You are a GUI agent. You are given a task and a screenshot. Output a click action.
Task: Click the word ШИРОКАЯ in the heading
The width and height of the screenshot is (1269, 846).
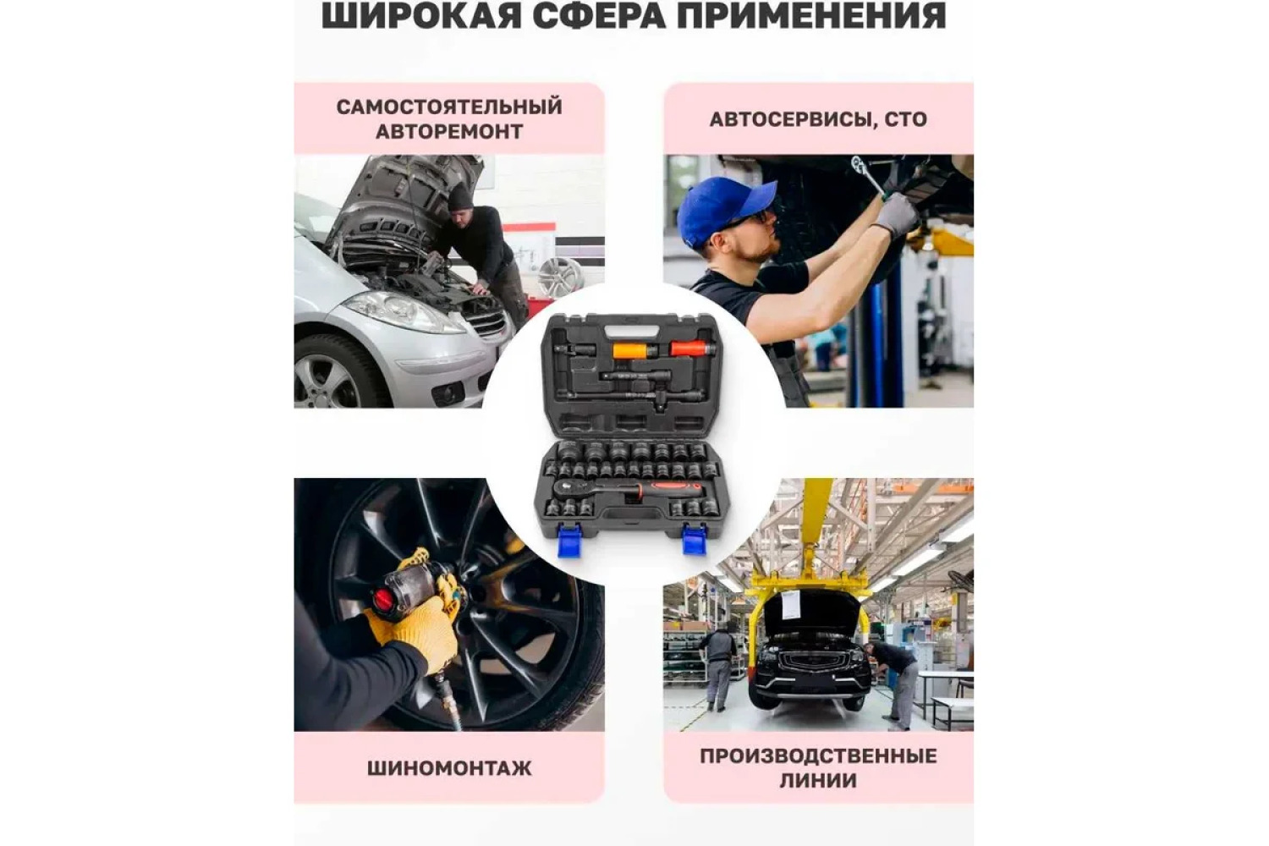click(x=421, y=15)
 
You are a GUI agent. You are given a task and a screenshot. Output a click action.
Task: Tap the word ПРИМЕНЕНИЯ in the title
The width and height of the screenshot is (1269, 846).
click(x=811, y=15)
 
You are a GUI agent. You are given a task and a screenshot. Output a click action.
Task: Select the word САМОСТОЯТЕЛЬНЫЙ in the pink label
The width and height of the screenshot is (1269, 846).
click(x=449, y=107)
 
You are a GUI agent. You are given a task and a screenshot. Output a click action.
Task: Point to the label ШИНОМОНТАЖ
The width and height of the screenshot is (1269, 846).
click(x=449, y=768)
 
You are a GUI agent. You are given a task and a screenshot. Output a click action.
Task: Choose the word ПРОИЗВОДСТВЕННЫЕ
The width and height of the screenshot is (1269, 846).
click(x=819, y=756)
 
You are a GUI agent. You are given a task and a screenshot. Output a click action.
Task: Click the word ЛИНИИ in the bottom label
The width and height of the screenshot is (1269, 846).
click(x=819, y=781)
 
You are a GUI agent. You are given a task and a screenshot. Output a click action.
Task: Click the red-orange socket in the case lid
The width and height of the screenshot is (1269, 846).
click(x=689, y=348)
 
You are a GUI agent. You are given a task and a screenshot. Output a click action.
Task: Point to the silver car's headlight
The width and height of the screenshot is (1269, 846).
click(x=404, y=312)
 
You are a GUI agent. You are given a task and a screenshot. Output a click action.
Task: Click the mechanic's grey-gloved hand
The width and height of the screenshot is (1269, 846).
click(x=898, y=216)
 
